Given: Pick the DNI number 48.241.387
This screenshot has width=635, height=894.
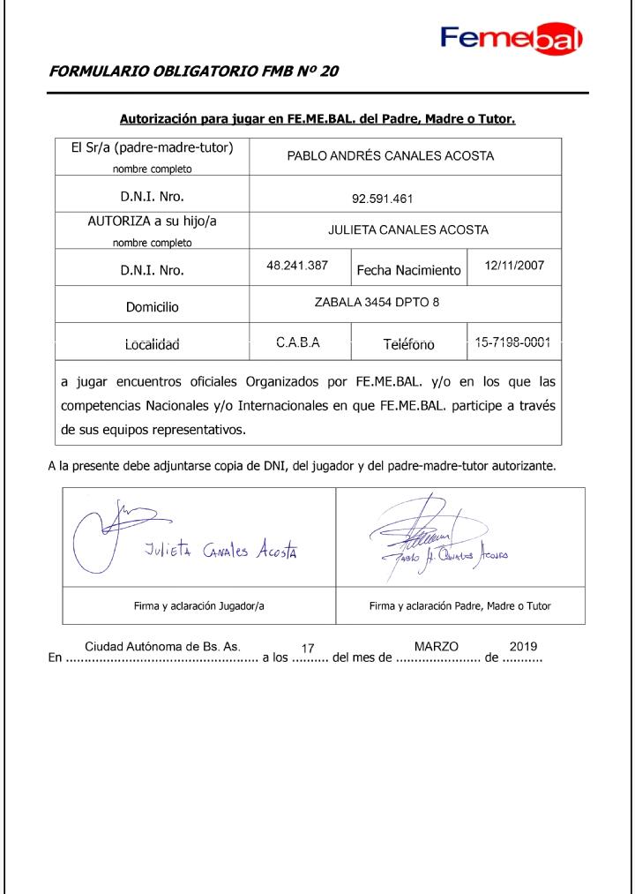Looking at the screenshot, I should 297,264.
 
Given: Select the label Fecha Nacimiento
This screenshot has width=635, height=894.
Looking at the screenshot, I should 408,270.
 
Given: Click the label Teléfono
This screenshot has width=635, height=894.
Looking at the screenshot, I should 408,345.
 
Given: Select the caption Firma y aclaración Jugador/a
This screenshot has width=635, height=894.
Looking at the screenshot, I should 198,607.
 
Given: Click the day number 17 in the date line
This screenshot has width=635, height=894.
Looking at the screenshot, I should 308,649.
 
